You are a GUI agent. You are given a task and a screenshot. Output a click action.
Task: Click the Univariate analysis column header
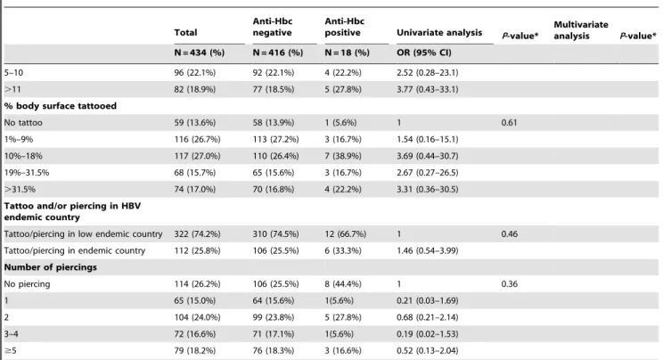[439, 33]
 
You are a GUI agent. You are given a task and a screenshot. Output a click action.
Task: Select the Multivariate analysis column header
[581, 30]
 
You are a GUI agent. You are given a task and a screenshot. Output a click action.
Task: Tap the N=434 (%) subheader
[199, 53]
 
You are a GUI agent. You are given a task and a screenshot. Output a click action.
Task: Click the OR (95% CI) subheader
[423, 53]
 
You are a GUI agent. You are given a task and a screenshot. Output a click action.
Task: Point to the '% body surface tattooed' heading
[60, 106]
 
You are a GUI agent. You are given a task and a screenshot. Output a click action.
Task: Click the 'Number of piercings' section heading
[50, 267]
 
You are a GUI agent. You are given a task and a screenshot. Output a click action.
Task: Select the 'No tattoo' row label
[23, 123]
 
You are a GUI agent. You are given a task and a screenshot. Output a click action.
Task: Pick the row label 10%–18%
[23, 156]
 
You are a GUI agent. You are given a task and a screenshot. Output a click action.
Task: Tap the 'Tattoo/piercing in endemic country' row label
[75, 251]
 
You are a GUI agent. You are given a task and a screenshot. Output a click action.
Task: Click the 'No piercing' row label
[27, 284]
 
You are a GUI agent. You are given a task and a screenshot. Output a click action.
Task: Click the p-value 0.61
[509, 123]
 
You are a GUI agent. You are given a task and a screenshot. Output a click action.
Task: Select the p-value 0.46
[509, 234]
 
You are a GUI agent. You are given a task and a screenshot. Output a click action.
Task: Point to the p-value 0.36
[509, 284]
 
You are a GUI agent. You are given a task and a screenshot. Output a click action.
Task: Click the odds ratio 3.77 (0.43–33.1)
[427, 89]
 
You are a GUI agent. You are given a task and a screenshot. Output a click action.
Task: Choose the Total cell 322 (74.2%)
[197, 234]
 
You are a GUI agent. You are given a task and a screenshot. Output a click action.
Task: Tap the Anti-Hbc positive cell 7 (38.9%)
[343, 156]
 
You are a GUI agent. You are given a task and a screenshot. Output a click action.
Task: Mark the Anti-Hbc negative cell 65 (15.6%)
[274, 173]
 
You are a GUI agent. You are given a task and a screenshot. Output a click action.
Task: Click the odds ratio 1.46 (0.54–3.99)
[427, 251]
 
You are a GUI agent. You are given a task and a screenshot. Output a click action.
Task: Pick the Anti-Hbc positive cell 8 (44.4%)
[343, 284]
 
